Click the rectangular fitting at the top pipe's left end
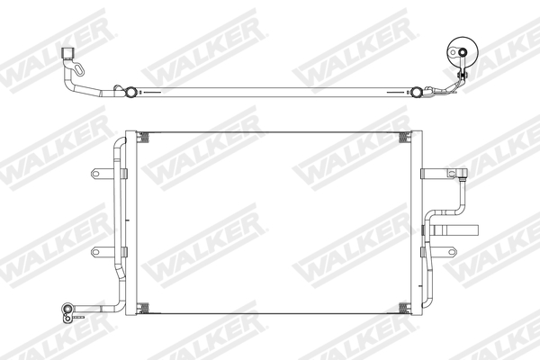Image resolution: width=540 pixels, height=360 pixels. pyautogui.click(x=68, y=53)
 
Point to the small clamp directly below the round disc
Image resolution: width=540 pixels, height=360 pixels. pyautogui.click(x=462, y=77)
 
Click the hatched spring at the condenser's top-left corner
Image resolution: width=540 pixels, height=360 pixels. pyautogui.click(x=143, y=137)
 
